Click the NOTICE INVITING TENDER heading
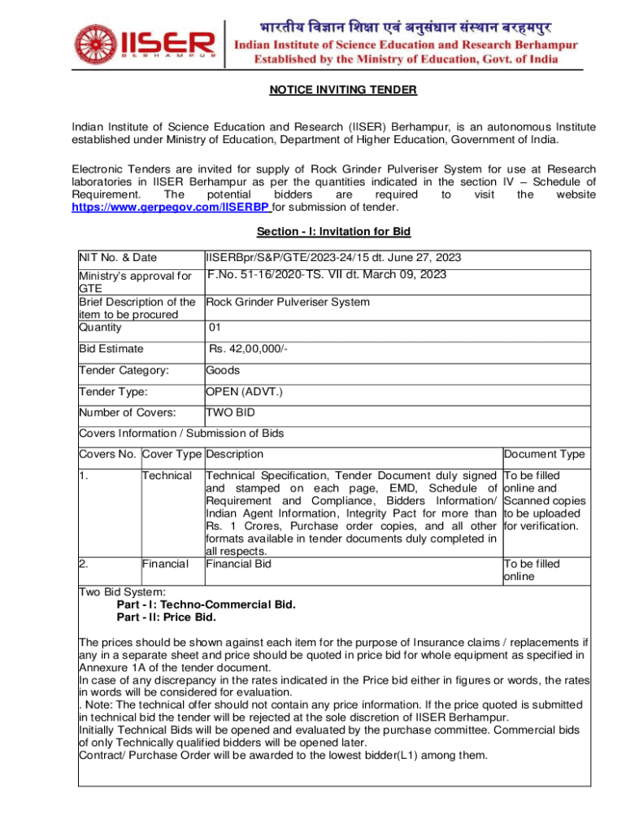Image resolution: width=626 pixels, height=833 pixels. point(343,90)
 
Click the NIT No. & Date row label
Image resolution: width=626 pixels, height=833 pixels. point(118,258)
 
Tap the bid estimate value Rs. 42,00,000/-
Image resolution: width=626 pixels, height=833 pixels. point(248,349)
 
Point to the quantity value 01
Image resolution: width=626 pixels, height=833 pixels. point(215,328)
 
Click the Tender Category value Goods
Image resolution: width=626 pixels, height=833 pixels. point(223,370)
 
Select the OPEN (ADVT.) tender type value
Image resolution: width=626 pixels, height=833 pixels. point(244,392)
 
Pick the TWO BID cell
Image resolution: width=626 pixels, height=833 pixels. point(230,413)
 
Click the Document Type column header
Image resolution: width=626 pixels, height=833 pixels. point(543,455)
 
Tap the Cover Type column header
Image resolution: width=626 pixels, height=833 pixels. point(172,455)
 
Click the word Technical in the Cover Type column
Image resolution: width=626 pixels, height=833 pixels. point(167,475)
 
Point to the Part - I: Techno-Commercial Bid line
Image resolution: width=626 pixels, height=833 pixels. point(206,605)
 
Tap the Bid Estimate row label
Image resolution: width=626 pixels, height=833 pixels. point(111,349)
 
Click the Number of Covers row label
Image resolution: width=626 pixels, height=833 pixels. point(127,413)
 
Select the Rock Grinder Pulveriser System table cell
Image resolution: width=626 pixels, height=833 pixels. point(288,302)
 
